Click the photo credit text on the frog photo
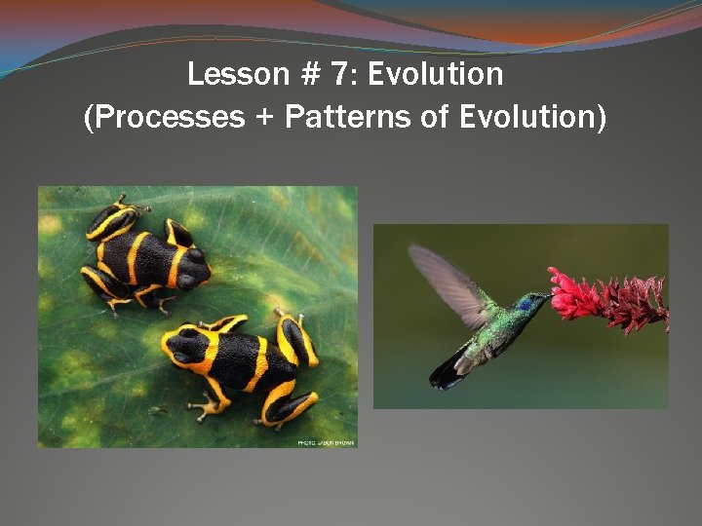[x=327, y=442]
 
